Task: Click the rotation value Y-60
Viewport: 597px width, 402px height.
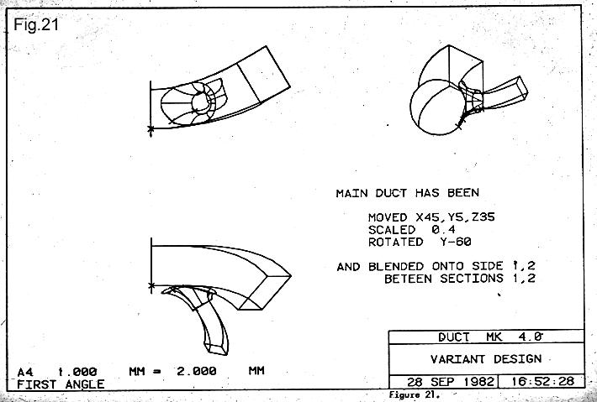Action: (445, 242)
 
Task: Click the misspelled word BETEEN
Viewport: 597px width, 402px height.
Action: (408, 279)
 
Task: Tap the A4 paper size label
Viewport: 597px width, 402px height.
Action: (26, 371)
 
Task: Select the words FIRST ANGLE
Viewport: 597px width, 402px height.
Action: (61, 384)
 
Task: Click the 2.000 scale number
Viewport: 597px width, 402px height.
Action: (196, 371)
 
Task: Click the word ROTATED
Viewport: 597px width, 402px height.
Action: (395, 242)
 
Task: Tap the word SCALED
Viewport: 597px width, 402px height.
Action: (392, 229)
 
